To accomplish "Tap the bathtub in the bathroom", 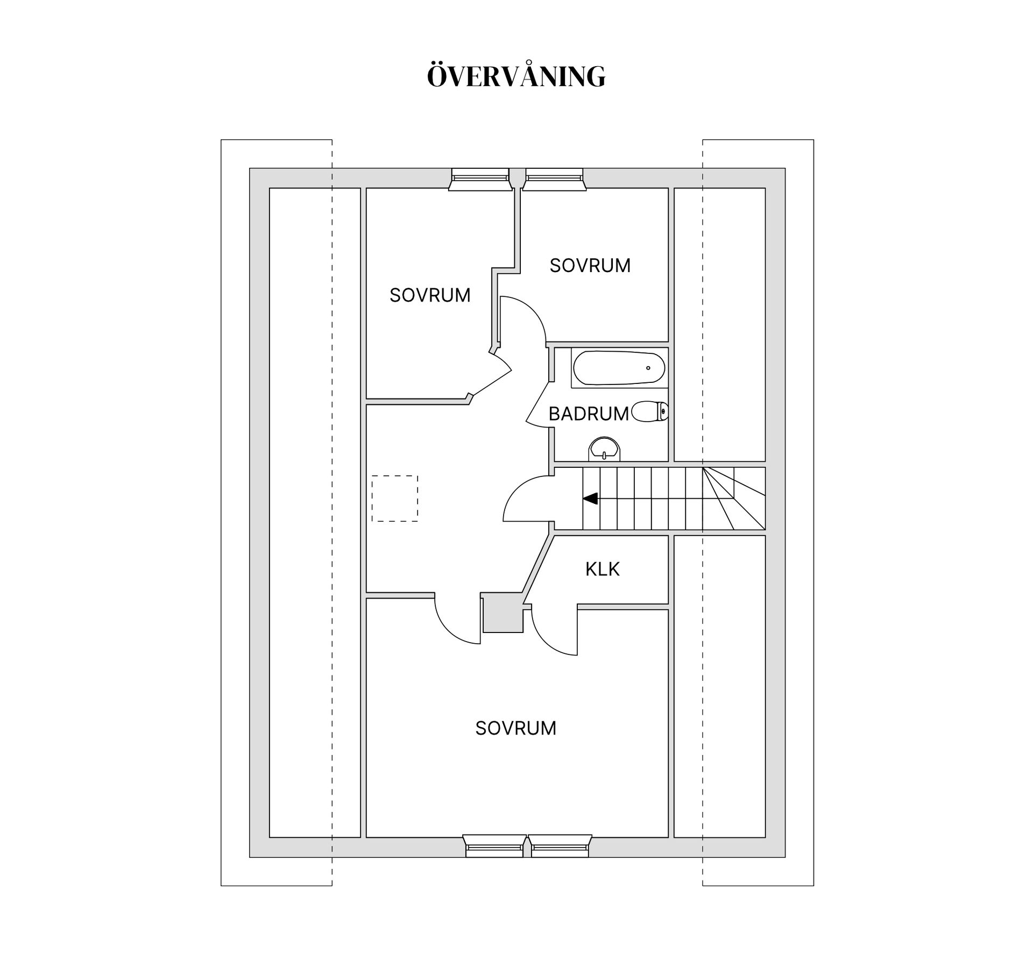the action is tap(619, 368).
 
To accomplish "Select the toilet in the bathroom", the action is tap(650, 412).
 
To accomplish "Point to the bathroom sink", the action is tap(605, 449).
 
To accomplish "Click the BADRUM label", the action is tap(589, 414).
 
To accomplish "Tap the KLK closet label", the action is tap(603, 569).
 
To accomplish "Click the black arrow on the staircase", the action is tap(591, 499).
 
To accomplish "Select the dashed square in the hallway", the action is tap(395, 499).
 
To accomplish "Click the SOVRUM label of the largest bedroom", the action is tap(515, 728).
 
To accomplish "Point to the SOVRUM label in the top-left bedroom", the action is tap(430, 295).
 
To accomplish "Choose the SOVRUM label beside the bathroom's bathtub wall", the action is tap(590, 266).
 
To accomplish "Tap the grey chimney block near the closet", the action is tap(503, 613).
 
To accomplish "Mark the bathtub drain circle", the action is tap(648, 368).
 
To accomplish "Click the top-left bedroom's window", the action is tap(480, 179).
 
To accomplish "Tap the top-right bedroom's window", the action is tap(554, 179).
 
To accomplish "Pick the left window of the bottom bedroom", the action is tap(494, 846).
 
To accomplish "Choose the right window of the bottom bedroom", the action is tap(560, 846).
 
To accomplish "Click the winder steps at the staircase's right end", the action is tap(734, 499).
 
